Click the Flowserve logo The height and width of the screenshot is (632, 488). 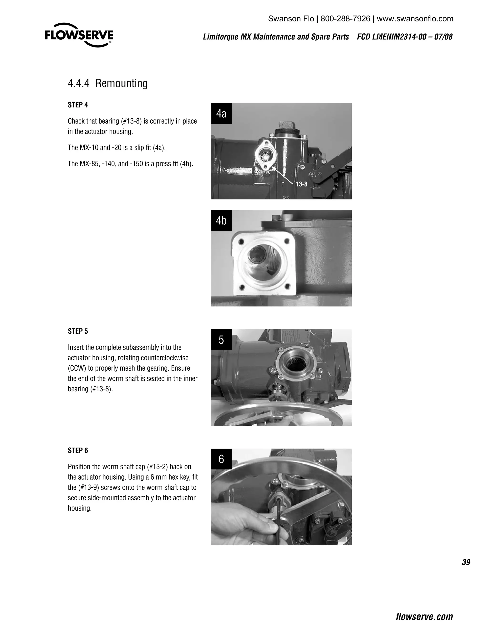[79, 35]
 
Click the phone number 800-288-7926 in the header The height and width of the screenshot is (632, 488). [345, 19]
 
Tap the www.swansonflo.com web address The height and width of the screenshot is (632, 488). [415, 19]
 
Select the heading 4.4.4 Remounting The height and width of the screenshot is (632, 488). [107, 83]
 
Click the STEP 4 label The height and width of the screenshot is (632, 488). [78, 105]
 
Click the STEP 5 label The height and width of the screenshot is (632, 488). [78, 331]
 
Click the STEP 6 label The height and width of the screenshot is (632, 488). [78, 451]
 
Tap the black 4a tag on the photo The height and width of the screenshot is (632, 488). [221, 114]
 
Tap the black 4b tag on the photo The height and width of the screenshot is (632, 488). [221, 221]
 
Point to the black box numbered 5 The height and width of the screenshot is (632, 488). [221, 340]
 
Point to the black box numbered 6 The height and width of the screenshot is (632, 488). [221, 459]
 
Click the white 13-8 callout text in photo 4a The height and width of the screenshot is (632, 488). [301, 184]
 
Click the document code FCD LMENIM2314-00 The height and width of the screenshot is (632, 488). [392, 37]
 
